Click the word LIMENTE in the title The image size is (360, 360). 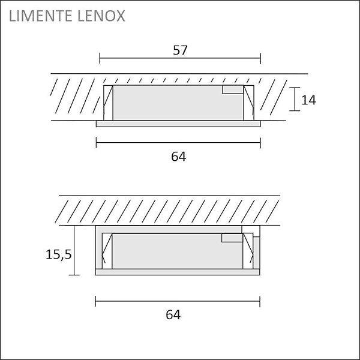point(41,16)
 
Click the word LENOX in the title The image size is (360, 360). point(101,16)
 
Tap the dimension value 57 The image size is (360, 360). point(180,50)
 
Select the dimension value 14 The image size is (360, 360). point(308,100)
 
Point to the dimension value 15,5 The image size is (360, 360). point(59,255)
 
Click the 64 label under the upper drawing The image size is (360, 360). point(179,157)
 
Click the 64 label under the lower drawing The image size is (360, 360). point(173,315)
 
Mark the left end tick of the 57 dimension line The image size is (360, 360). point(100,58)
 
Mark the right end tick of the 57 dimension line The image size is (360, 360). point(260,58)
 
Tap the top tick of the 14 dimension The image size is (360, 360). point(295,88)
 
